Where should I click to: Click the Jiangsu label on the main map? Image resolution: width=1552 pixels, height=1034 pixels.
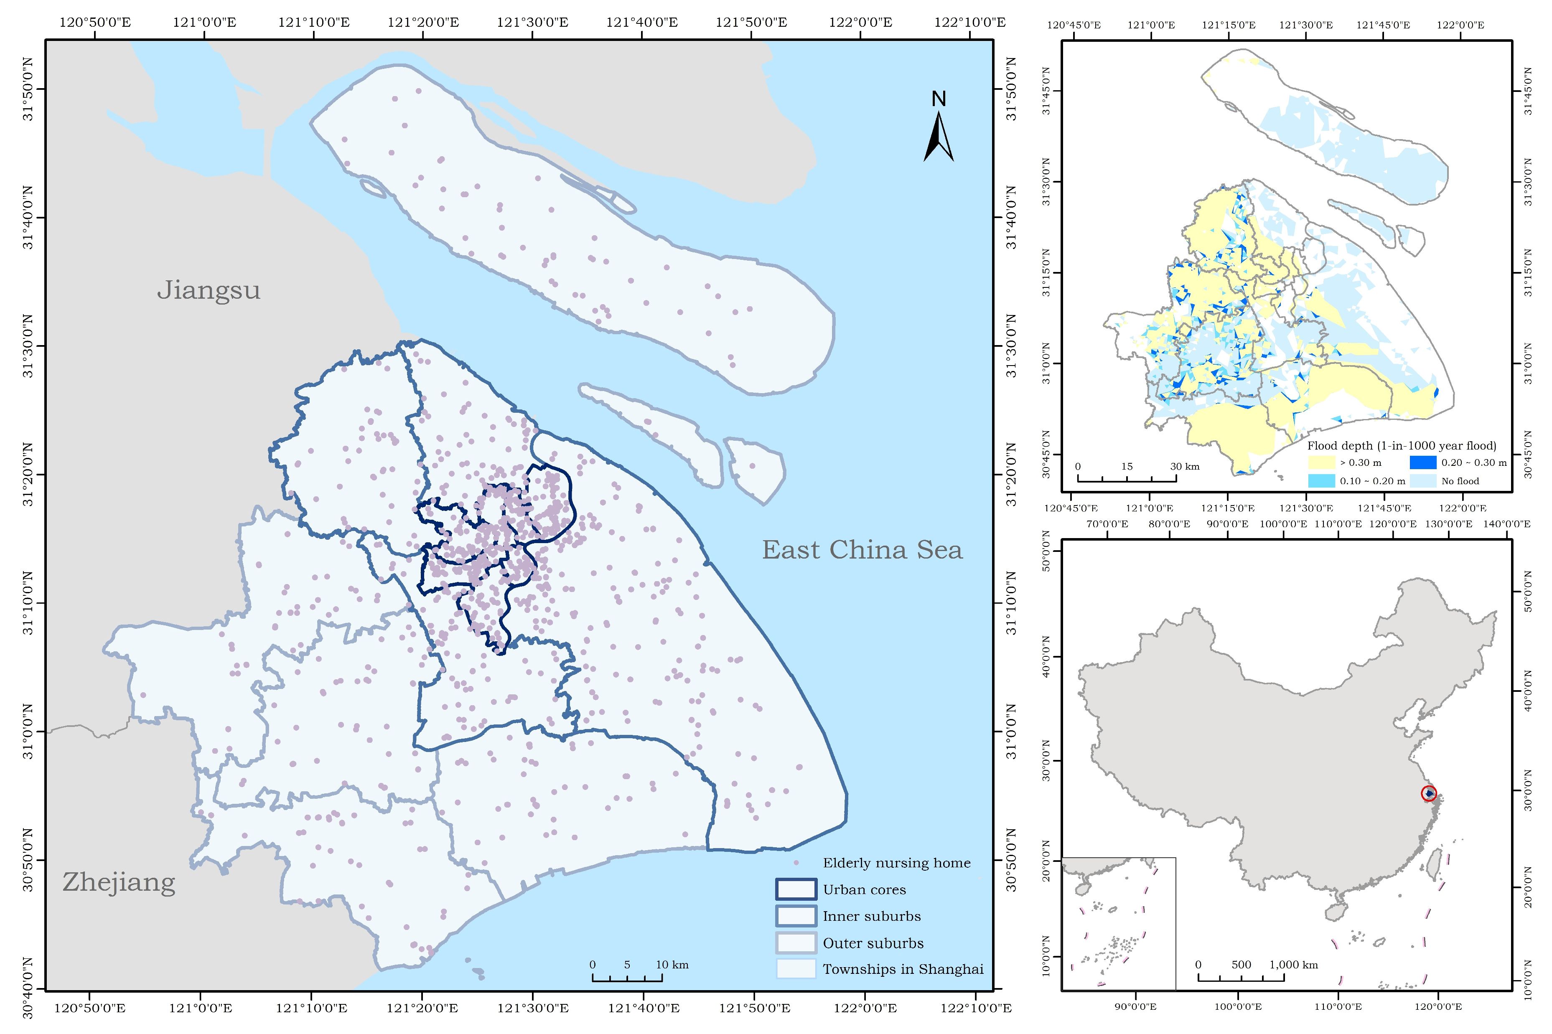[209, 290]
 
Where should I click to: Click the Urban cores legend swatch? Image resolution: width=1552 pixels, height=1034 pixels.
[796, 889]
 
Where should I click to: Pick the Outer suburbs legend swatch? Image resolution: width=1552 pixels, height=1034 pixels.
[796, 943]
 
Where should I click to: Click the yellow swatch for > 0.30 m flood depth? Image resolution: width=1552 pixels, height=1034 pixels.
[1321, 462]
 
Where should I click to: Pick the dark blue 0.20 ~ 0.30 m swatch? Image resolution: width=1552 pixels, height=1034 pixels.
[1423, 462]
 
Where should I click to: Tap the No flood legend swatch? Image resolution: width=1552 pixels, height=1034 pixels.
[1423, 481]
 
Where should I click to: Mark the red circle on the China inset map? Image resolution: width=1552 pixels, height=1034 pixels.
[1429, 793]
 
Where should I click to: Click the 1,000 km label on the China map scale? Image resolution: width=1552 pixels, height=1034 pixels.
[1293, 964]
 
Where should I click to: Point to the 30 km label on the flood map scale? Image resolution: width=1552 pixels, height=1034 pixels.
[1185, 466]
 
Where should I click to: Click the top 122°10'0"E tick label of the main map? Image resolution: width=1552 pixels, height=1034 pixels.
[969, 23]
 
